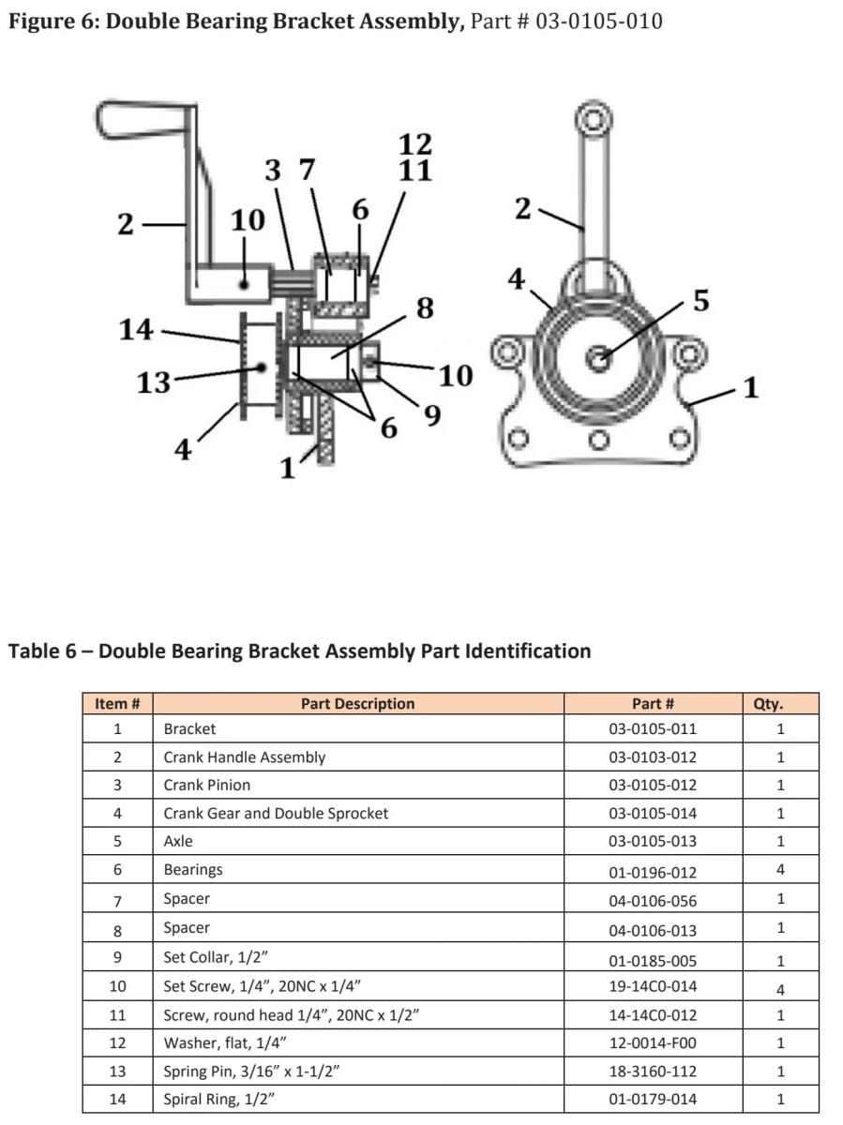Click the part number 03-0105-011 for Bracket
[653, 728]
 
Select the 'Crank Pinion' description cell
[207, 785]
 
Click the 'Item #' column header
[118, 703]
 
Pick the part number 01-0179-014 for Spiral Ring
[653, 1099]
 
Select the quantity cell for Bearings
[780, 870]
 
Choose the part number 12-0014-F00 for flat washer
[653, 1042]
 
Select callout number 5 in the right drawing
[700, 301]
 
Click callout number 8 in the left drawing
[425, 308]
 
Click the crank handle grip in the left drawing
[143, 120]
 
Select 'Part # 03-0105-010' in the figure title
[565, 21]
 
